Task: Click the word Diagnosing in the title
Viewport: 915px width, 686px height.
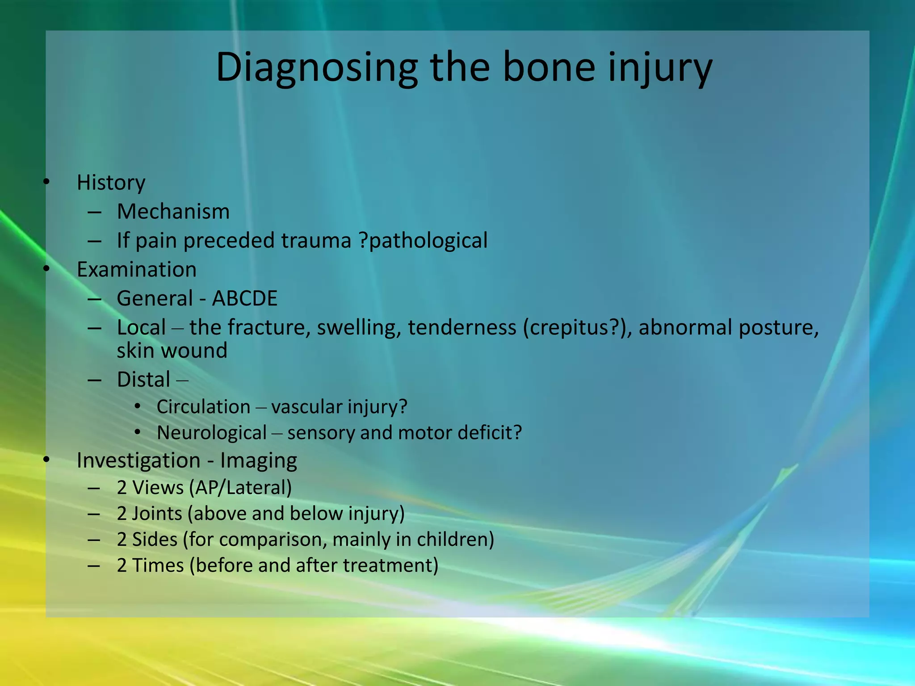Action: coord(316,68)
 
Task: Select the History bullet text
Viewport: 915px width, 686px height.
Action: coord(111,183)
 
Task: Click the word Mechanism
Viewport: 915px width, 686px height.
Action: coord(173,212)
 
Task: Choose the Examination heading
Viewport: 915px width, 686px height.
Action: coord(136,270)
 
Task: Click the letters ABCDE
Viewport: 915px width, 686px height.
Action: coord(244,298)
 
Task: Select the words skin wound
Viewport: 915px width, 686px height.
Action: coord(172,351)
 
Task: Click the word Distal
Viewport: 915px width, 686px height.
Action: coord(143,380)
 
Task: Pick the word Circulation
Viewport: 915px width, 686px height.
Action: coord(203,407)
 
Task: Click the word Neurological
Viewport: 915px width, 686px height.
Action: coord(212,433)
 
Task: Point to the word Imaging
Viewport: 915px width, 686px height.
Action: coord(258,460)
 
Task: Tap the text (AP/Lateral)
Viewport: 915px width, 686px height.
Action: coord(240,488)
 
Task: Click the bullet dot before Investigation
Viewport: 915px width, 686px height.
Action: coord(46,460)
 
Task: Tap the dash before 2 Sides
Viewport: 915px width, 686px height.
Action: coord(94,540)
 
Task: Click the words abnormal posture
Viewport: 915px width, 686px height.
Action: coord(728,327)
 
